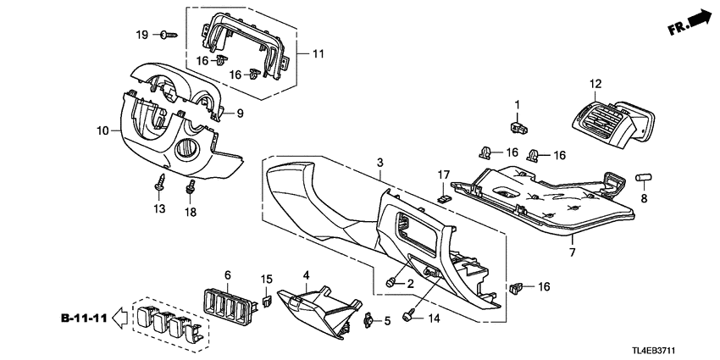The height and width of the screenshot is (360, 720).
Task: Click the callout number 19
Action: [x=142, y=34]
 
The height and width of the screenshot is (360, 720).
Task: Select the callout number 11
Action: [x=318, y=53]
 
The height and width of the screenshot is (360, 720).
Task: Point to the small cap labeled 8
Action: [x=646, y=179]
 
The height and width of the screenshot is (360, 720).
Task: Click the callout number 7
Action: [x=572, y=253]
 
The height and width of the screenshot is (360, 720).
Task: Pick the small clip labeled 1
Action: [x=518, y=127]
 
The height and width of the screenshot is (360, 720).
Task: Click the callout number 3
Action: [x=380, y=162]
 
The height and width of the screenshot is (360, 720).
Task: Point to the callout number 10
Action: [x=103, y=131]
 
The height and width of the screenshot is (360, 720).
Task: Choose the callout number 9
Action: [x=240, y=114]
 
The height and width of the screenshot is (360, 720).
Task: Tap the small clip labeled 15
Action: [x=264, y=300]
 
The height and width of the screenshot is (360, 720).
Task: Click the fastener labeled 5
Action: [x=368, y=320]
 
